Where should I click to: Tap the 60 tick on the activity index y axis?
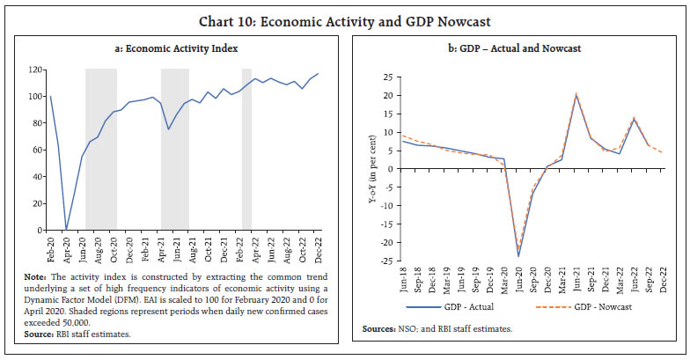[36, 150]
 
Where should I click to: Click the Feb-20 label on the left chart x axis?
[50, 245]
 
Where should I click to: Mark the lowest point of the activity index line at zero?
[66, 230]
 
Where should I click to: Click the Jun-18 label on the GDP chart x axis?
[403, 280]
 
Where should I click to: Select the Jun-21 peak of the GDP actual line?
[576, 96]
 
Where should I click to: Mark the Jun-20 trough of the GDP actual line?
[518, 257]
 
